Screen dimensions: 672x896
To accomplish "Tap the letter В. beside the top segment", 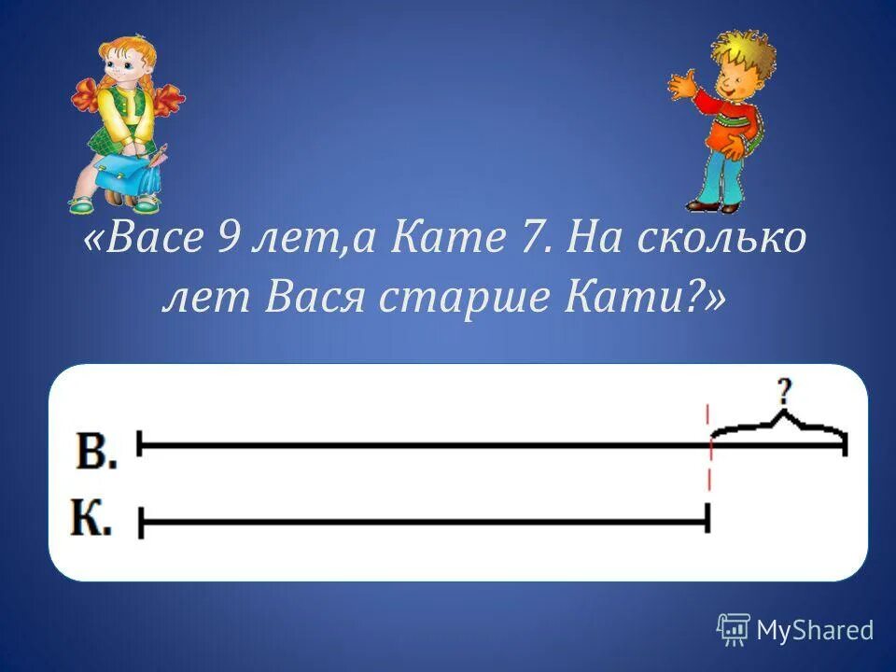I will [x=96, y=452].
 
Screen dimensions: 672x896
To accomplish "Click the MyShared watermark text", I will [x=815, y=631].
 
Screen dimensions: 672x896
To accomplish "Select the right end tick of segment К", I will [x=707, y=518].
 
